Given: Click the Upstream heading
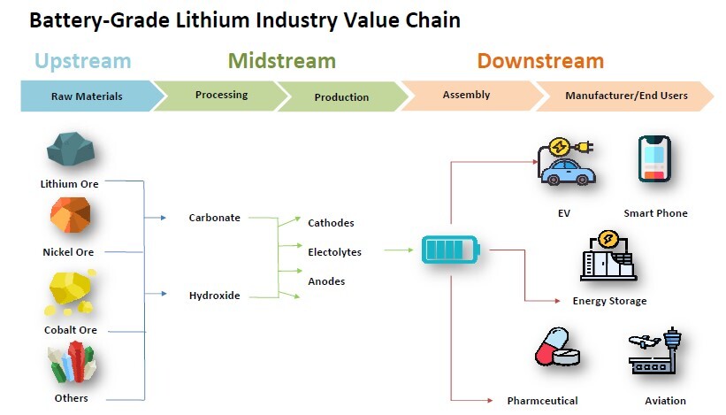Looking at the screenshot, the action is pyautogui.click(x=83, y=62).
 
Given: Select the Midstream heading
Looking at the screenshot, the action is pyautogui.click(x=282, y=61).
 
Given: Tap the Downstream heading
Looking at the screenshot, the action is pyautogui.click(x=540, y=61).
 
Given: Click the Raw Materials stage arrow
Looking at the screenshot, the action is pyautogui.click(x=93, y=96).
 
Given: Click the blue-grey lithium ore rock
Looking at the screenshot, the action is pyautogui.click(x=71, y=149).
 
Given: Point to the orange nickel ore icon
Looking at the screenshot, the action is pyautogui.click(x=71, y=215).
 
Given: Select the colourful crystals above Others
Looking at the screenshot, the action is pyautogui.click(x=72, y=362).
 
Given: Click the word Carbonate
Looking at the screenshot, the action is pyautogui.click(x=214, y=218).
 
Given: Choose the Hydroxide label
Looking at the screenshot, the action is pyautogui.click(x=214, y=296).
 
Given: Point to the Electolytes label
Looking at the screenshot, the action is pyautogui.click(x=334, y=252).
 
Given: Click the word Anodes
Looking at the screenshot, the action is pyautogui.click(x=326, y=281).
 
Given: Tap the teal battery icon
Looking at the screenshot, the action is pyautogui.click(x=450, y=250).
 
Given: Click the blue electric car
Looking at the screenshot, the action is pyautogui.click(x=568, y=173).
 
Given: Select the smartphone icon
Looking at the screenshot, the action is pyautogui.click(x=654, y=159).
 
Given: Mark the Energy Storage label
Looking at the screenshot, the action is pyautogui.click(x=609, y=301).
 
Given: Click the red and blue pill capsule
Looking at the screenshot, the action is pyautogui.click(x=551, y=345).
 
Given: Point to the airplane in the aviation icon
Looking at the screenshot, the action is pyautogui.click(x=645, y=342).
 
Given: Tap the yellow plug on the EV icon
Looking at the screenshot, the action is pyautogui.click(x=585, y=148).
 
